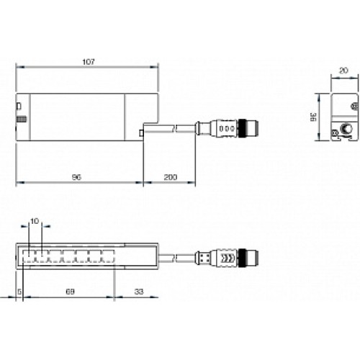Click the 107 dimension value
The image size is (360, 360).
pos(87,61)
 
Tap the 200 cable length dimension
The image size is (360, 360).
pos(170,176)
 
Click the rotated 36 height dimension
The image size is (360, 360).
pos(312,117)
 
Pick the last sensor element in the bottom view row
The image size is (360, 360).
pos(108,256)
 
